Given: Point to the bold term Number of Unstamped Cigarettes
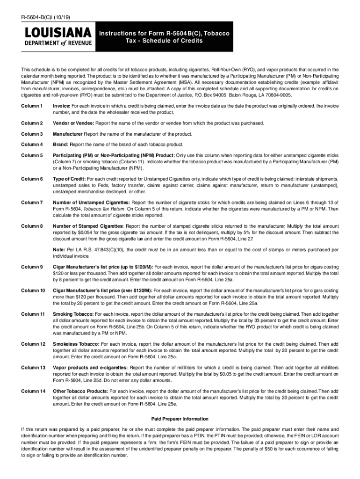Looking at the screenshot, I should point(88,202).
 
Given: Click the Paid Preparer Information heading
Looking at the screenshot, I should point(180,419).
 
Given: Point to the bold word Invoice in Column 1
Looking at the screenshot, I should point(61,106).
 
